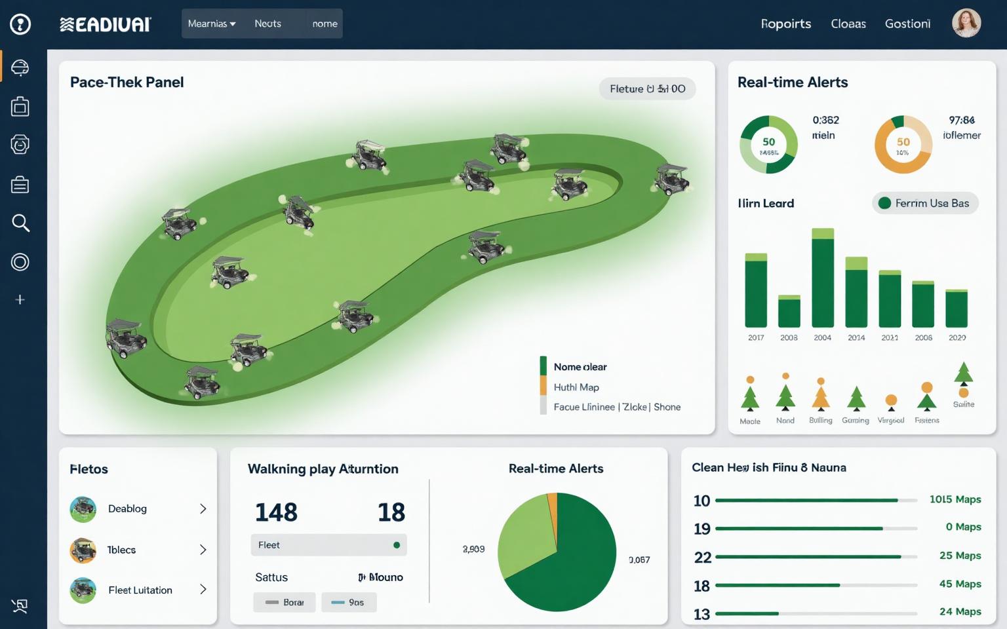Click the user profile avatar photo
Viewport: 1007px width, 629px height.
(x=966, y=23)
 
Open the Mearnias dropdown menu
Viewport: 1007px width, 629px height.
(x=211, y=24)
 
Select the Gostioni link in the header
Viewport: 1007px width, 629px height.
(x=907, y=24)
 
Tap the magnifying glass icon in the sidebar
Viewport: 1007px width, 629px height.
(x=20, y=223)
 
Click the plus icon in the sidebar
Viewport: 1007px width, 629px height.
(x=20, y=299)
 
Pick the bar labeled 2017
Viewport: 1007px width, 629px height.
(x=756, y=290)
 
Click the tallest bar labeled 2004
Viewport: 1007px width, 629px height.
(x=823, y=278)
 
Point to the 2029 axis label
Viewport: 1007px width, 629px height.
(x=957, y=337)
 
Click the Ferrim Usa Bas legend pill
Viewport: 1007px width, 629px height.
(x=925, y=203)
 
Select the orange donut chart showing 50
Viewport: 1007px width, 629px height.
(x=903, y=145)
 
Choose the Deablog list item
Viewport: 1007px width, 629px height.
(x=127, y=508)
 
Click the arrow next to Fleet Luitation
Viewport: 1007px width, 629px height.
(x=203, y=590)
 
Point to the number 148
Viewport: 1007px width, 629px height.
(x=276, y=512)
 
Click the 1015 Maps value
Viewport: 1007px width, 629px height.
(x=955, y=499)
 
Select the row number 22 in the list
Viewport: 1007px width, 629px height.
(x=702, y=557)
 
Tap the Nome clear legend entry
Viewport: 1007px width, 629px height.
(x=580, y=367)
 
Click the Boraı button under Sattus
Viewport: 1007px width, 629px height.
(x=285, y=602)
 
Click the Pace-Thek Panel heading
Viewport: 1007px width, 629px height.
(x=127, y=82)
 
